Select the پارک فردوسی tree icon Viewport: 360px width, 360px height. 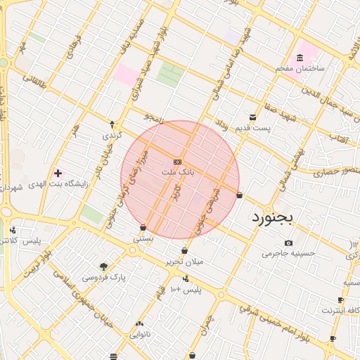click(104, 266)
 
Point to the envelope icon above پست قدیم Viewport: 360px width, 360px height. click(252, 117)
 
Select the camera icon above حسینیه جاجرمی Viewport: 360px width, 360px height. click(288, 243)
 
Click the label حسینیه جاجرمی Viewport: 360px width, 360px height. click(284, 254)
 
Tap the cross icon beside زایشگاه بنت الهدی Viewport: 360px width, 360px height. click(58, 172)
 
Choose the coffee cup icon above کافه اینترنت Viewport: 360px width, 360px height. click(341, 299)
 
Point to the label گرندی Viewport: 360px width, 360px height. click(112, 134)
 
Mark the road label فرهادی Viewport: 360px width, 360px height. click(72, 46)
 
